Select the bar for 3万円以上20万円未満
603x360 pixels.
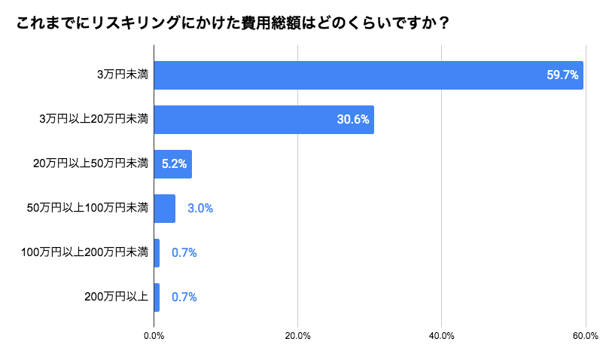coord(263,120)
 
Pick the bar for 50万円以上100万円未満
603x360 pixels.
coord(164,209)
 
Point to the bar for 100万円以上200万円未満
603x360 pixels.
coord(157,253)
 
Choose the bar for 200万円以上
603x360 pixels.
coord(157,297)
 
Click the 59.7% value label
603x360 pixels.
coord(562,75)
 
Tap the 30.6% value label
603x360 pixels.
coord(353,120)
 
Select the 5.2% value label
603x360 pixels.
coord(174,163)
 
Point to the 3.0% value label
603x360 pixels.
coord(200,209)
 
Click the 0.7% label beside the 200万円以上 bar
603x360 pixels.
coord(184,297)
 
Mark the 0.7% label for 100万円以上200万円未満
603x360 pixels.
coord(184,253)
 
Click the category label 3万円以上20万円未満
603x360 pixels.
coord(93,119)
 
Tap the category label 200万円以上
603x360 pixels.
coord(116,297)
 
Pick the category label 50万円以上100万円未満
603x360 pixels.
coord(87,208)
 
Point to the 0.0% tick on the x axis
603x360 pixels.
coord(154,336)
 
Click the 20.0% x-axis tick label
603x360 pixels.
coord(297,336)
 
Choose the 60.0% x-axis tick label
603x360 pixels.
coord(586,336)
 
